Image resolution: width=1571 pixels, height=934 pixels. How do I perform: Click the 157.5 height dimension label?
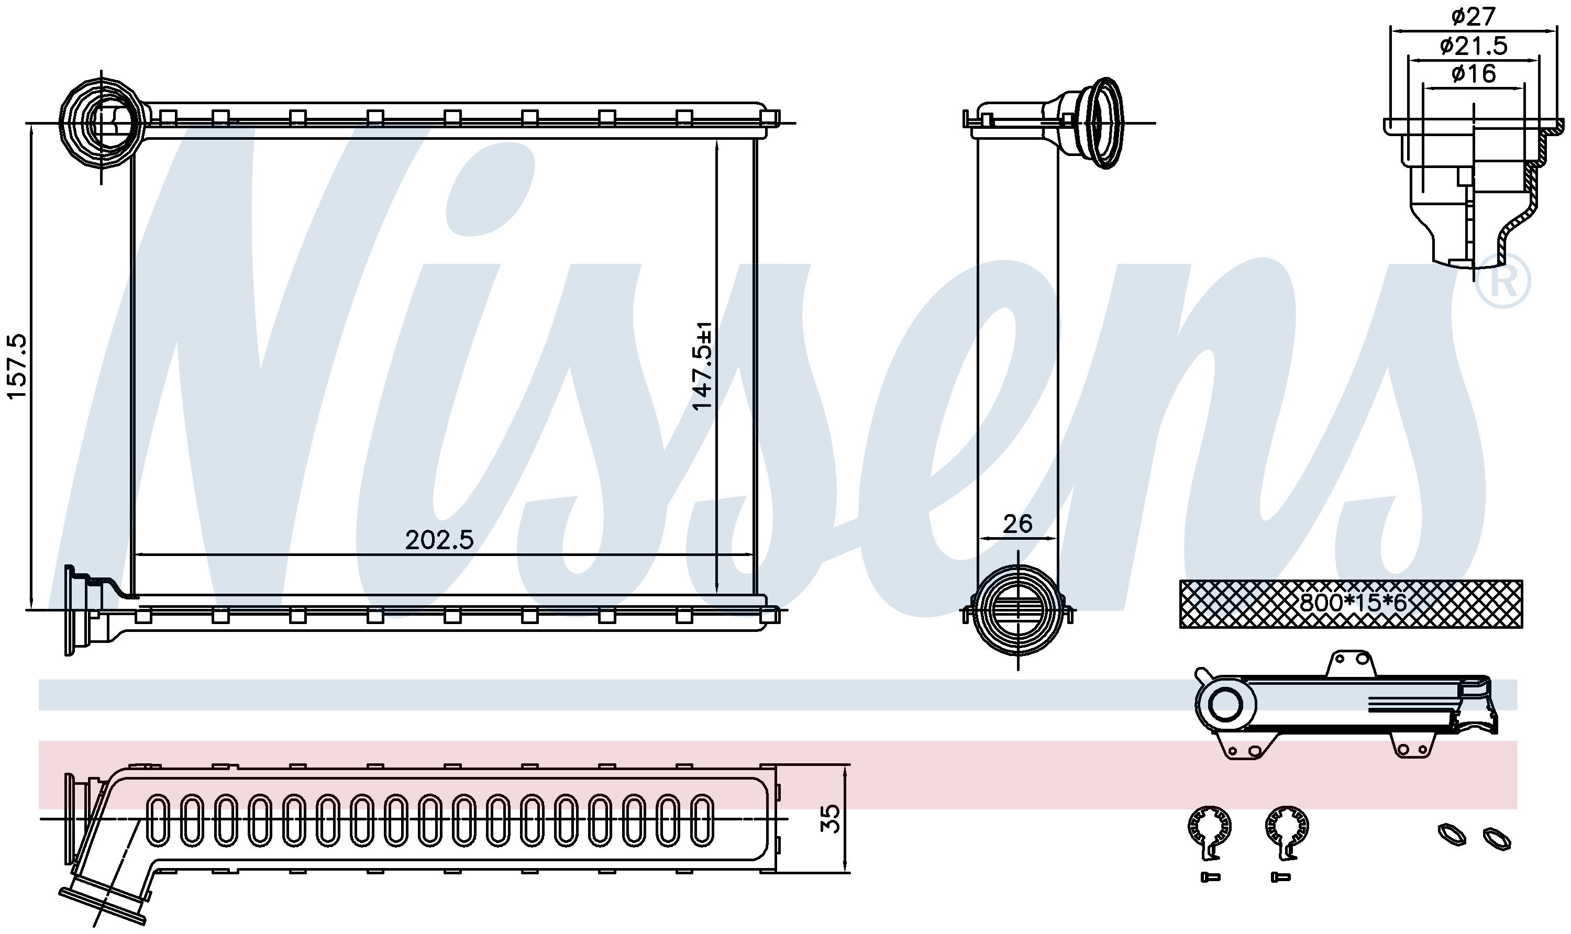tap(17, 366)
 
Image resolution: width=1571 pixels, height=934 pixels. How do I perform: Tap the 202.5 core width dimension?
tap(439, 540)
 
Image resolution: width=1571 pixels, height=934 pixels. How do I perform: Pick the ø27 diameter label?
tap(1473, 16)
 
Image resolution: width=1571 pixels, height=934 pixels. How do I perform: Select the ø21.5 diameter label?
tap(1473, 46)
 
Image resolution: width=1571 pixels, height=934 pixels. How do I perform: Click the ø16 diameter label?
tap(1473, 74)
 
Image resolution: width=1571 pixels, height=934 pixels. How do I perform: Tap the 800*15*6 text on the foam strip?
tap(1352, 603)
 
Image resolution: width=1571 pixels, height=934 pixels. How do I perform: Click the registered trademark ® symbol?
tap(1503, 281)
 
